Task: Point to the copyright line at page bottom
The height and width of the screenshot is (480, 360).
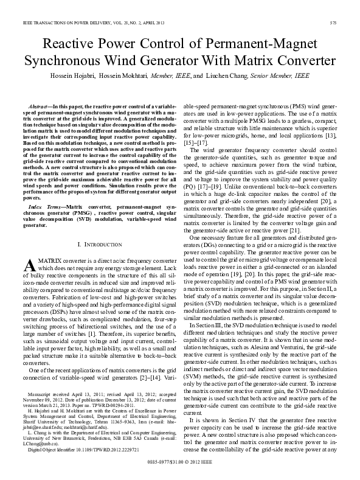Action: click(x=180, y=464)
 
